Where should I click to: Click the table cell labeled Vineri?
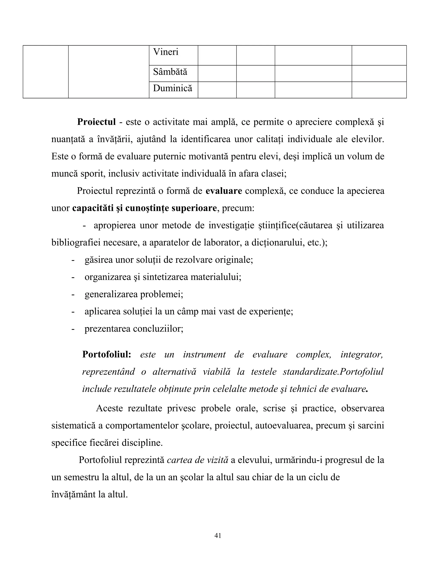point(166,52)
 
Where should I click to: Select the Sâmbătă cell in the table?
point(170,72)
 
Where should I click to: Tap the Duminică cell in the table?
point(172,88)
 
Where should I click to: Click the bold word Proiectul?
point(96,122)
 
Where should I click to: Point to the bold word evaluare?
point(224,191)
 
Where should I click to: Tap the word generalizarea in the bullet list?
point(111,294)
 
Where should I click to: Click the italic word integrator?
point(362,354)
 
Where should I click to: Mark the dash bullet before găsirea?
point(73,260)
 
